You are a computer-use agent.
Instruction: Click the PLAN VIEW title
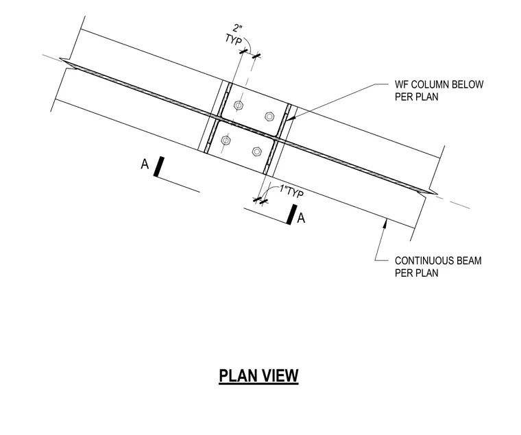point(258,376)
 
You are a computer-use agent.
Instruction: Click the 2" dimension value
point(237,27)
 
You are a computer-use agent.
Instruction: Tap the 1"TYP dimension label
point(291,192)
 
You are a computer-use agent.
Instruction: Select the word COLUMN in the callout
point(426,84)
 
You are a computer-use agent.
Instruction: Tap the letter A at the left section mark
point(145,164)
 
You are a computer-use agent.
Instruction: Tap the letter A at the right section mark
point(301,218)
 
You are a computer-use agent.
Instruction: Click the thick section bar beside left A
point(158,166)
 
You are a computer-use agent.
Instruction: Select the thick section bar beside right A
point(292,214)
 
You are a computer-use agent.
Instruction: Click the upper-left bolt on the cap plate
point(239,105)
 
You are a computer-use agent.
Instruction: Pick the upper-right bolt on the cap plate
point(269,116)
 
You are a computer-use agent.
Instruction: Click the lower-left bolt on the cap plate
point(226,140)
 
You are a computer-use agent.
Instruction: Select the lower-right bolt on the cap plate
point(257,152)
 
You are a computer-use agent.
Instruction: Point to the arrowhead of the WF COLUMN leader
point(290,118)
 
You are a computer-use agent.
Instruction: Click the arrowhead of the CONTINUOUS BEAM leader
point(385,224)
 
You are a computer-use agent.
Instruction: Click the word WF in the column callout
point(401,84)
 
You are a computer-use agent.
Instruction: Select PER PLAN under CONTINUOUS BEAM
point(417,273)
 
